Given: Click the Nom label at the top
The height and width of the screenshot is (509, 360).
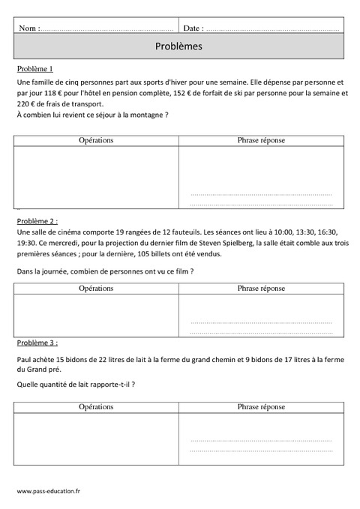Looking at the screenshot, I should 28,28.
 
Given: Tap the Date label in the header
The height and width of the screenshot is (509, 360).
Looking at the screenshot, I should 193,28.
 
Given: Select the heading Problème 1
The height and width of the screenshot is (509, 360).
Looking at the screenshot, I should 35,68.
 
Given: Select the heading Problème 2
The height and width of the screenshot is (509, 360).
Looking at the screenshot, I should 36,221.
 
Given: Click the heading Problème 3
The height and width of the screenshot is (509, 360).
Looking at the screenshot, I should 36,343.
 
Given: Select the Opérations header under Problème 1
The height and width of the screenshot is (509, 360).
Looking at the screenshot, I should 96,140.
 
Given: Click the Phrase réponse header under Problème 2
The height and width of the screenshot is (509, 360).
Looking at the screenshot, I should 261,288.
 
